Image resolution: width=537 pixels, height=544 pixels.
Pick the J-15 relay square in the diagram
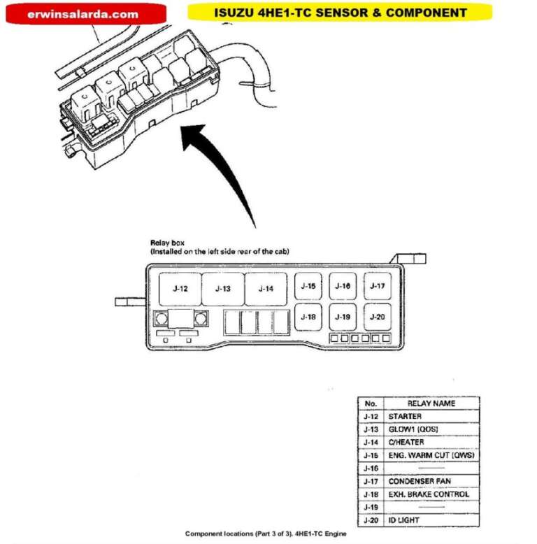(308, 286)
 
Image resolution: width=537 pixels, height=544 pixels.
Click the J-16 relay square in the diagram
(343, 286)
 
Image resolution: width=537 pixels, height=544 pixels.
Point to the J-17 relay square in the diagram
(377, 286)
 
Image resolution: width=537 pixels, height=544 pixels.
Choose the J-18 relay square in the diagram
(308, 317)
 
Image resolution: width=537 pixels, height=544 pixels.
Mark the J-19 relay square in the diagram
(343, 317)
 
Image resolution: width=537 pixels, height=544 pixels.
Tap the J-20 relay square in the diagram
(377, 317)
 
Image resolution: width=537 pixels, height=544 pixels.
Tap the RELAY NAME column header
(431, 403)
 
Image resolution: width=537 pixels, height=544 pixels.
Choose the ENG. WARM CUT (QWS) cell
(431, 455)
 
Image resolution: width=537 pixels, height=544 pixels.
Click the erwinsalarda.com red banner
(85, 13)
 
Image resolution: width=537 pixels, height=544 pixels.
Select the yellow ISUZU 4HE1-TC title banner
(341, 13)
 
